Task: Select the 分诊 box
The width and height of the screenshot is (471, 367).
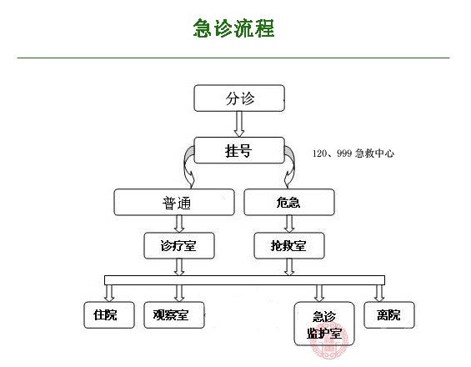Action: pyautogui.click(x=240, y=98)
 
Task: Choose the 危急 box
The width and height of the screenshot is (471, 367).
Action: pyautogui.click(x=288, y=202)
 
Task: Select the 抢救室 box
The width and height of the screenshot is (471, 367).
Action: pyautogui.click(x=288, y=245)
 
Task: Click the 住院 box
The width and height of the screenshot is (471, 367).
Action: pyautogui.click(x=108, y=314)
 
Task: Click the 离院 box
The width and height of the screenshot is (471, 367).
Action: pyautogui.click(x=388, y=314)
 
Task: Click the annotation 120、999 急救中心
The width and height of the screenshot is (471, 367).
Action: pyautogui.click(x=353, y=153)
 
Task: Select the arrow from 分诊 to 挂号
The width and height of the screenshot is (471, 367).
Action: pyautogui.click(x=240, y=123)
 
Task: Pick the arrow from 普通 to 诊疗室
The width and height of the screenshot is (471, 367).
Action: pyautogui.click(x=178, y=224)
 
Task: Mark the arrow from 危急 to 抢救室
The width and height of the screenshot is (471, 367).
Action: pyautogui.click(x=288, y=224)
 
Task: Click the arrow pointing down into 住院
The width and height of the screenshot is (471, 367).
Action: pyautogui.click(x=108, y=293)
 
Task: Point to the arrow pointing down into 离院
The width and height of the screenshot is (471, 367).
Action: pyautogui.click(x=380, y=293)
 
